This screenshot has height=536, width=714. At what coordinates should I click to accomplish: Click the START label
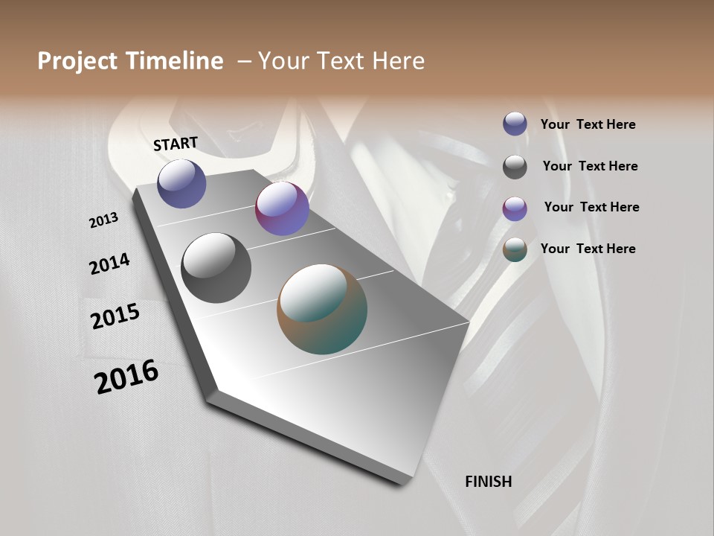pyautogui.click(x=176, y=144)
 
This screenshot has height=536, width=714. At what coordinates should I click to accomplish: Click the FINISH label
pyautogui.click(x=489, y=482)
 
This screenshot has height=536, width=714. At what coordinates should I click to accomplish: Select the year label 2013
pyautogui.click(x=103, y=220)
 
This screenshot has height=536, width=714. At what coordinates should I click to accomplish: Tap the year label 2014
pyautogui.click(x=109, y=264)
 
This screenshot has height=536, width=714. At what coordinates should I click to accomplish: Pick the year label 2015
pyautogui.click(x=115, y=316)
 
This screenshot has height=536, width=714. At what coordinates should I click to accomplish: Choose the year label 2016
pyautogui.click(x=126, y=377)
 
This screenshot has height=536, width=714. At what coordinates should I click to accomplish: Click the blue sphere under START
pyautogui.click(x=181, y=183)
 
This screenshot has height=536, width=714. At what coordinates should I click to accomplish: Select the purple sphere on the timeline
pyautogui.click(x=282, y=208)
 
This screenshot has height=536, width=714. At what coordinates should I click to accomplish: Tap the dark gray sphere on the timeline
pyautogui.click(x=216, y=268)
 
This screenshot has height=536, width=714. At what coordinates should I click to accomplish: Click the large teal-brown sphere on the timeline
pyautogui.click(x=322, y=309)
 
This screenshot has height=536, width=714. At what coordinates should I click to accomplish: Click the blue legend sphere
pyautogui.click(x=515, y=124)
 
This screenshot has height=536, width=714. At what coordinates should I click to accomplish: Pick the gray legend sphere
pyautogui.click(x=515, y=167)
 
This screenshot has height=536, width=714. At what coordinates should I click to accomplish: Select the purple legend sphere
pyautogui.click(x=515, y=208)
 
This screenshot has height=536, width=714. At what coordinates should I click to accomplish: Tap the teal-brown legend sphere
pyautogui.click(x=515, y=250)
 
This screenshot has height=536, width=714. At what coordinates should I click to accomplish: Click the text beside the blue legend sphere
pyautogui.click(x=588, y=125)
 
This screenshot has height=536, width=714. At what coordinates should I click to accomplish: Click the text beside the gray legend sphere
pyautogui.click(x=590, y=166)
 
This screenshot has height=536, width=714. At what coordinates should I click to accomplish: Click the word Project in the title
pyautogui.click(x=77, y=61)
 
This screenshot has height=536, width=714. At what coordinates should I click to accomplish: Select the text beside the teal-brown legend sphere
pyautogui.click(x=588, y=249)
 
